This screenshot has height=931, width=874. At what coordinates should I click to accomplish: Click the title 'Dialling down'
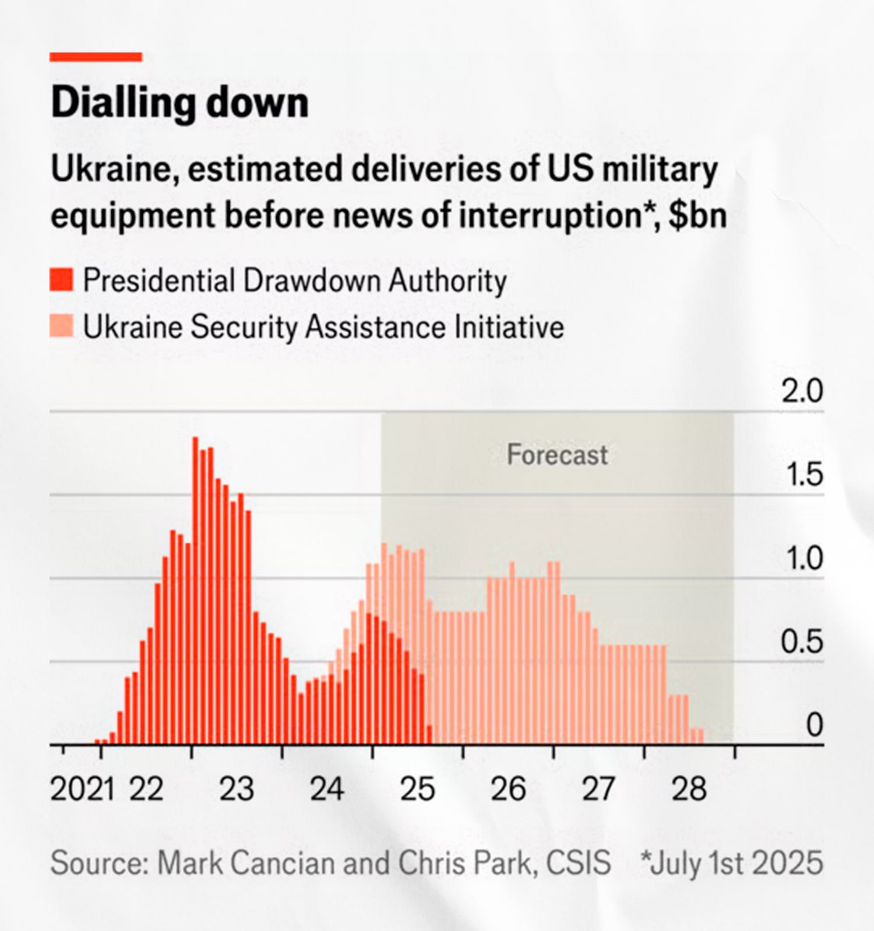(x=179, y=103)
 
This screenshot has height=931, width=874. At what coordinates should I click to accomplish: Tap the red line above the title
(x=96, y=57)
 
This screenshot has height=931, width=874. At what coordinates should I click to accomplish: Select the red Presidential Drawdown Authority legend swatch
(x=61, y=280)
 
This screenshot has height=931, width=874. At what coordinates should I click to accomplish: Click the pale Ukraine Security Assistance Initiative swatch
(x=61, y=326)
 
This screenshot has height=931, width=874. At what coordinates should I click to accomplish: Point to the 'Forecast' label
(x=557, y=455)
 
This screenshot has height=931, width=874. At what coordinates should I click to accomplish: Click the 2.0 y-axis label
(x=802, y=391)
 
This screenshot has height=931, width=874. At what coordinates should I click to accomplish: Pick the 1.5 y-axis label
(x=804, y=475)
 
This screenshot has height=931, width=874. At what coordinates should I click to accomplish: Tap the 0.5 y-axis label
(x=802, y=642)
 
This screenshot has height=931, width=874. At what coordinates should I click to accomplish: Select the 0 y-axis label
(x=814, y=726)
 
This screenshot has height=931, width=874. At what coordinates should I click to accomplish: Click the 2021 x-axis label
(x=82, y=790)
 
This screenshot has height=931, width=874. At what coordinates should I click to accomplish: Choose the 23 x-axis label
(x=237, y=790)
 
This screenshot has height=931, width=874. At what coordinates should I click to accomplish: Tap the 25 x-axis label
(x=417, y=790)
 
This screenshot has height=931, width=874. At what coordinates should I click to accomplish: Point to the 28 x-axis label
(x=689, y=790)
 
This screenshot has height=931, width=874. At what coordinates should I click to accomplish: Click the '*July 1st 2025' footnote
(x=732, y=863)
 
